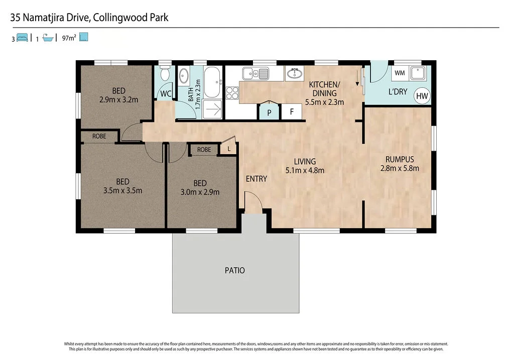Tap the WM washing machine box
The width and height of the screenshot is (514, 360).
[x=400, y=73]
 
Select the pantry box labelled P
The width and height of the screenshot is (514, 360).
[x=269, y=112]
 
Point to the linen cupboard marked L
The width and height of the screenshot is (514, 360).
[x=229, y=149]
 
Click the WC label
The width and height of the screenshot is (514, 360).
[x=165, y=94]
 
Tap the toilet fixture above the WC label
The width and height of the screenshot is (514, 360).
[x=165, y=75]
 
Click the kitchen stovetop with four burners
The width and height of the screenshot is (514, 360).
[x=232, y=93]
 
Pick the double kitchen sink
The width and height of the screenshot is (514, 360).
[x=255, y=74]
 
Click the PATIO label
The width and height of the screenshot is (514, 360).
[x=235, y=271]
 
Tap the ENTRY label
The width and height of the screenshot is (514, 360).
[x=256, y=179]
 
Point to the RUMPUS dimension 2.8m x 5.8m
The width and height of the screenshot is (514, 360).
[x=400, y=168]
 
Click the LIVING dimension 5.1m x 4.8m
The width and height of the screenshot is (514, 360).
[x=305, y=170]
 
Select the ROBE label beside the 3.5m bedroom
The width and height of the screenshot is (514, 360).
[x=99, y=136]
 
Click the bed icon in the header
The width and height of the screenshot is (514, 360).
[x=22, y=38]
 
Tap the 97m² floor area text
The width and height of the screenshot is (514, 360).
[x=69, y=38]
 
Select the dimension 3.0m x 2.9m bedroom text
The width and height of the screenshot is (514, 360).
[x=200, y=192]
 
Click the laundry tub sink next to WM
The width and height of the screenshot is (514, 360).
[x=418, y=73]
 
